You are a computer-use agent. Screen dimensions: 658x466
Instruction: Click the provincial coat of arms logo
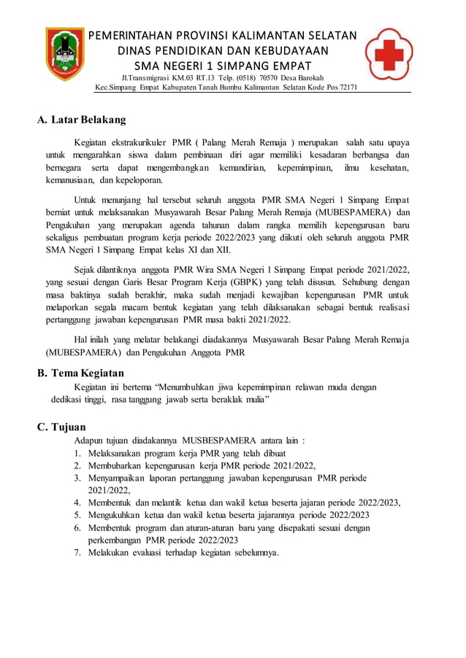coord(64,54)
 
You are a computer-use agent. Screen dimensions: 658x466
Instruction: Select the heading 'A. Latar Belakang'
coord(81,120)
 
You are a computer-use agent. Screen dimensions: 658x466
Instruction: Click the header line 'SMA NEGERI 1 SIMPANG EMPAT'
coord(223,66)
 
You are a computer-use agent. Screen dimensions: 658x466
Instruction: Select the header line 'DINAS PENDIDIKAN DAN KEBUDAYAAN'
coord(223,51)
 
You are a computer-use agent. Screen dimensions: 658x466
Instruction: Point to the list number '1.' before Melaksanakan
coord(77,453)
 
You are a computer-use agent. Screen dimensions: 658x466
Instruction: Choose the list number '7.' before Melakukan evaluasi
coord(77,552)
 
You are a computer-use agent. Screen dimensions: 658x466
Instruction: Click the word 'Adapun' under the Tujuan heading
coord(89,441)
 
